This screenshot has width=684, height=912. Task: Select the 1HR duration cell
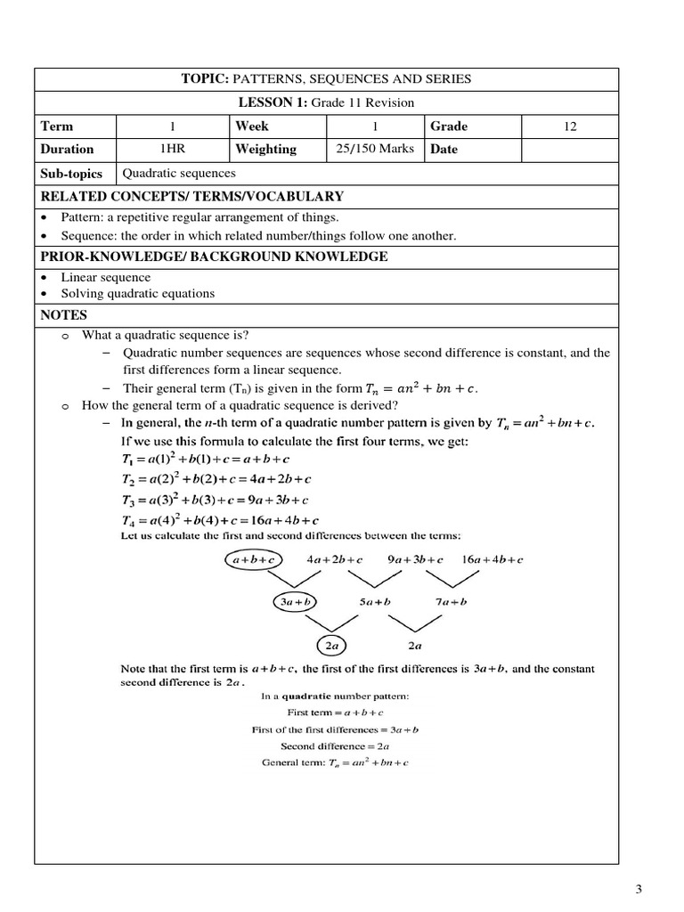(173, 149)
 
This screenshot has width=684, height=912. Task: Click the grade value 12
(570, 126)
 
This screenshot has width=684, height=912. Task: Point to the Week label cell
(252, 126)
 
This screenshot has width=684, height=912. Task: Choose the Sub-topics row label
(72, 174)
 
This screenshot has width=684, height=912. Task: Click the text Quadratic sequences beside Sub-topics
(179, 174)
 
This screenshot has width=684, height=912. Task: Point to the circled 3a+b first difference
(295, 602)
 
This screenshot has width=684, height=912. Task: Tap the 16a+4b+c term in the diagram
(492, 560)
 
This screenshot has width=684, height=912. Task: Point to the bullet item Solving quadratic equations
(137, 293)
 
